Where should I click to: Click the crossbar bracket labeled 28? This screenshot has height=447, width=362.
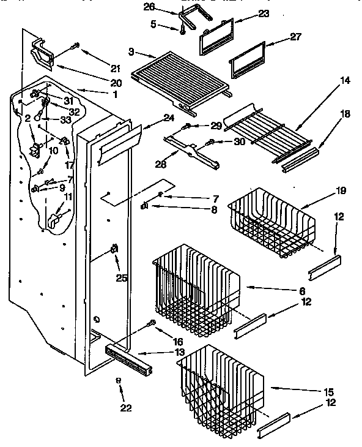[192, 149]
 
